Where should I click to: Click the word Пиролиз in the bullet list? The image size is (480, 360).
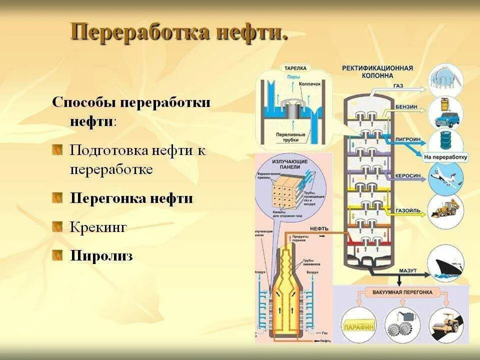[x=101, y=256]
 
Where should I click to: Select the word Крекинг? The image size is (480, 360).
[x=98, y=227]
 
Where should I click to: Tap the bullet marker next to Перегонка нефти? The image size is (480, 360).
[x=58, y=198]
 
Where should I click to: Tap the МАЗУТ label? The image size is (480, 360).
[x=407, y=270]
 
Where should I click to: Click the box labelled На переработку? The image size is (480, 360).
[x=445, y=157]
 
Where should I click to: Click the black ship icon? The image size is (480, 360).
[x=446, y=263]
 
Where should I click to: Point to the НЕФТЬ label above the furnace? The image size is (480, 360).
[x=319, y=228]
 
